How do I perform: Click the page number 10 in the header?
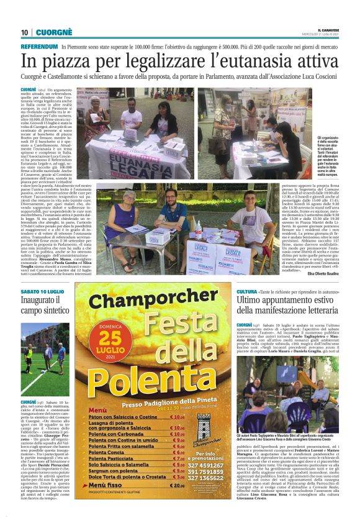coord(25,32)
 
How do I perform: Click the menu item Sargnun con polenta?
coord(110,486)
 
